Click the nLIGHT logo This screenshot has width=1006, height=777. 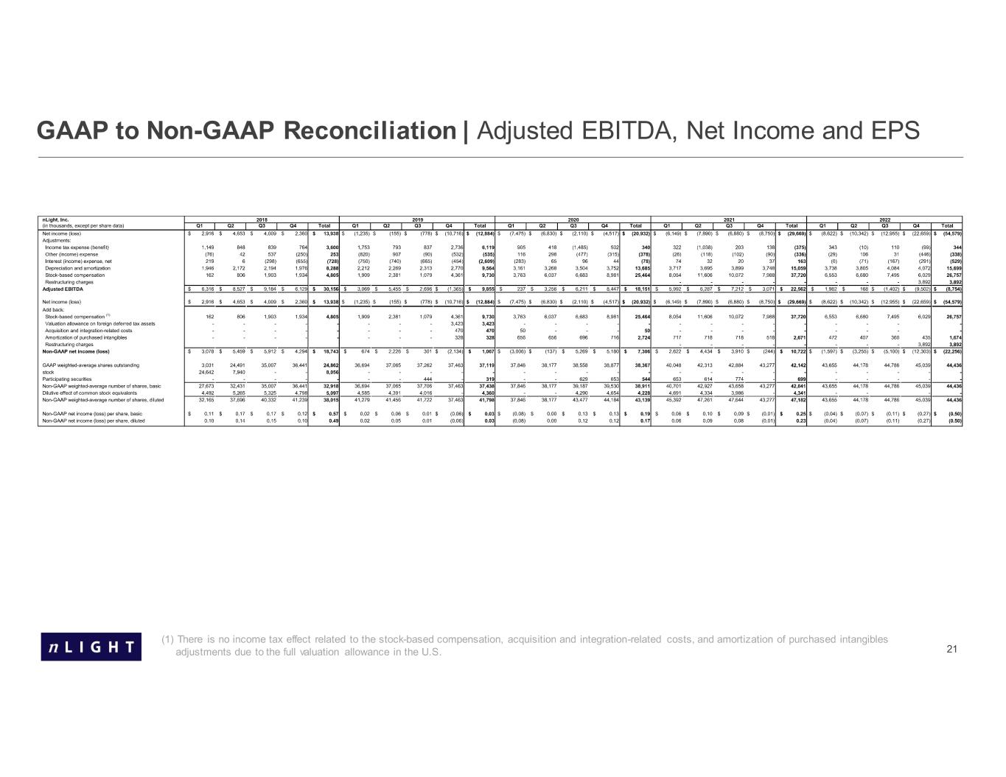[x=91, y=646]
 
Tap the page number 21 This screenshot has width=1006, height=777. [x=951, y=649]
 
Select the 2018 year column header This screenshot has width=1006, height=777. [x=261, y=219]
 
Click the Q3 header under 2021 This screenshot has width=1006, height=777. [x=729, y=226]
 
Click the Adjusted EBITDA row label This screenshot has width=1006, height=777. [x=63, y=289]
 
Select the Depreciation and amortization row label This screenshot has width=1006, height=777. [x=78, y=268]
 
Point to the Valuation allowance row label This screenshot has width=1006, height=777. [x=100, y=323]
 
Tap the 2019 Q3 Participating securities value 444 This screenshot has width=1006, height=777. [x=426, y=379]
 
